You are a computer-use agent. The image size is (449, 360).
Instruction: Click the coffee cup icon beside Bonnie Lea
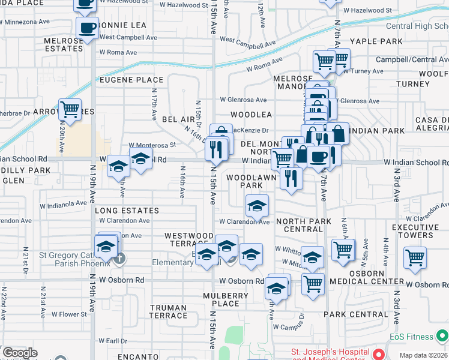(x=88, y=26)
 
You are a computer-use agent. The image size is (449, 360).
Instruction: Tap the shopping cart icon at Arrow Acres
(x=70, y=109)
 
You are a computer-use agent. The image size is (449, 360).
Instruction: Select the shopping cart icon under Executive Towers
(x=415, y=257)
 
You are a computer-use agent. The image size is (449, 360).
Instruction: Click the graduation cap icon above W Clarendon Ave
(x=257, y=206)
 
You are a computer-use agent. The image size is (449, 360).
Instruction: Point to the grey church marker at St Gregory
(x=119, y=259)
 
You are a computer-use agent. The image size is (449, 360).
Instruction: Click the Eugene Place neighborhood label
(x=131, y=80)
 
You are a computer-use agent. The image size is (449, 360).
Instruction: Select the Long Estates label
(x=127, y=211)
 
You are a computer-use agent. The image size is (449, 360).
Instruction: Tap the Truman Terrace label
(x=168, y=311)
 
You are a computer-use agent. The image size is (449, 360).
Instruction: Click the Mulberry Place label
(x=226, y=299)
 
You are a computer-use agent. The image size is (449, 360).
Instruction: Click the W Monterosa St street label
(x=152, y=145)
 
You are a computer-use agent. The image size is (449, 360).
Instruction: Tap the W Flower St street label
(x=69, y=314)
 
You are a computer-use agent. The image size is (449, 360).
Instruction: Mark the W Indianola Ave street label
(x=64, y=205)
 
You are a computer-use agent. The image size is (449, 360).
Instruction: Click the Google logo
(x=20, y=352)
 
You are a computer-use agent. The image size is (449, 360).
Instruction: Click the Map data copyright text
(x=423, y=355)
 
